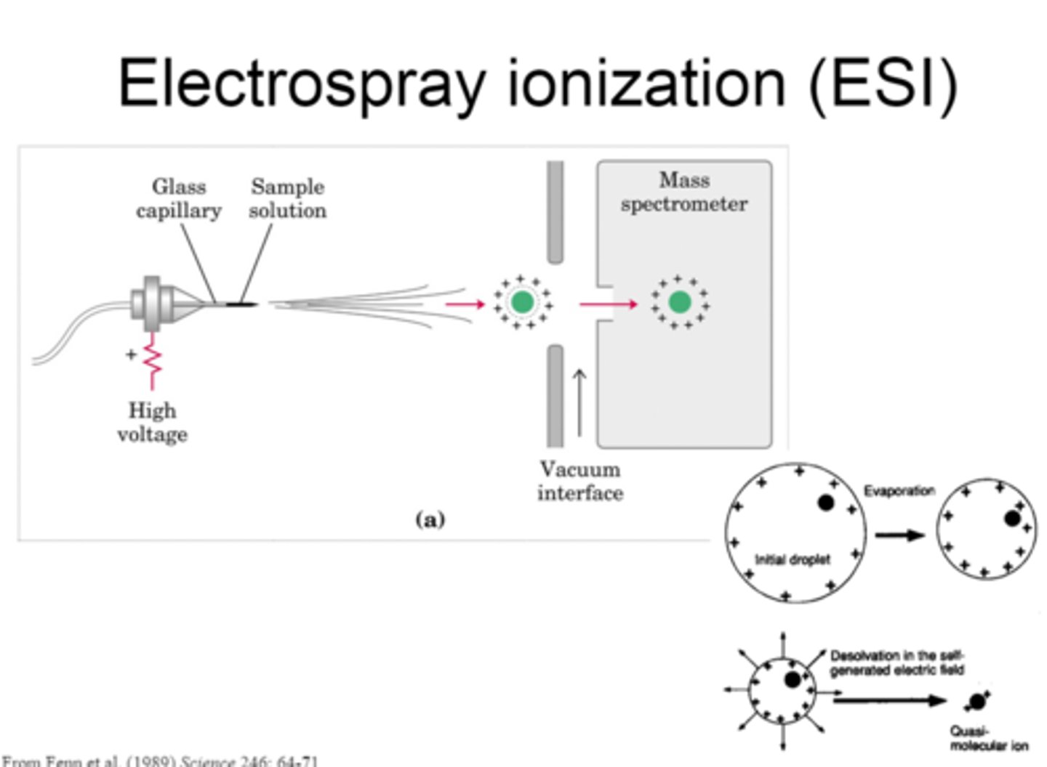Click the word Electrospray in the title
click(x=302, y=84)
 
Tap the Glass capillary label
click(x=179, y=198)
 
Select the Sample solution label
click(x=287, y=198)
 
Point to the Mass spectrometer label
click(x=683, y=192)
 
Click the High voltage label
click(x=152, y=422)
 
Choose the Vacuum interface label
click(x=579, y=481)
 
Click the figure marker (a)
click(x=430, y=519)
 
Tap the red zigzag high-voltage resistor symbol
click(x=153, y=360)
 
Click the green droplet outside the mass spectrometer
click(x=522, y=301)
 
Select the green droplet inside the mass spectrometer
click(x=679, y=301)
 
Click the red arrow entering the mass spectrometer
click(x=607, y=304)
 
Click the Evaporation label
click(x=899, y=491)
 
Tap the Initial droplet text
click(x=792, y=559)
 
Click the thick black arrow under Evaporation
click(x=899, y=535)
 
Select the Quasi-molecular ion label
click(x=989, y=738)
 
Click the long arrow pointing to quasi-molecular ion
click(x=888, y=700)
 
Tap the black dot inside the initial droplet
click(x=825, y=502)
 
